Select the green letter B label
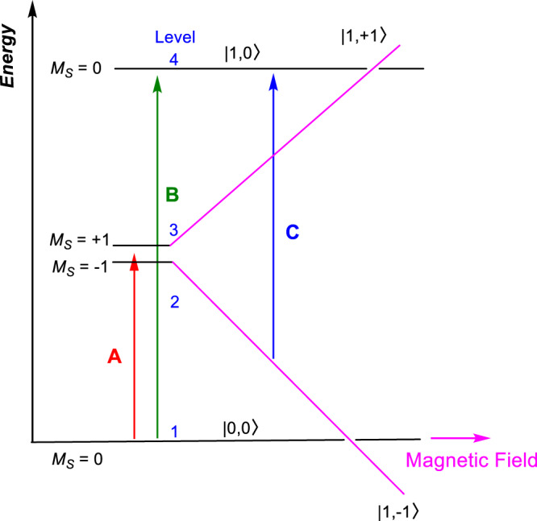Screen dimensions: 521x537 171,194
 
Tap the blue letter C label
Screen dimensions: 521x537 292,233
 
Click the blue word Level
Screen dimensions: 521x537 176,37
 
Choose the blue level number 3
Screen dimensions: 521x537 173,231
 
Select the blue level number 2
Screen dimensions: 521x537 173,303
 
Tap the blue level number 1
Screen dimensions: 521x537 173,431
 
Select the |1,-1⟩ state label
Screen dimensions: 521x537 397,510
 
